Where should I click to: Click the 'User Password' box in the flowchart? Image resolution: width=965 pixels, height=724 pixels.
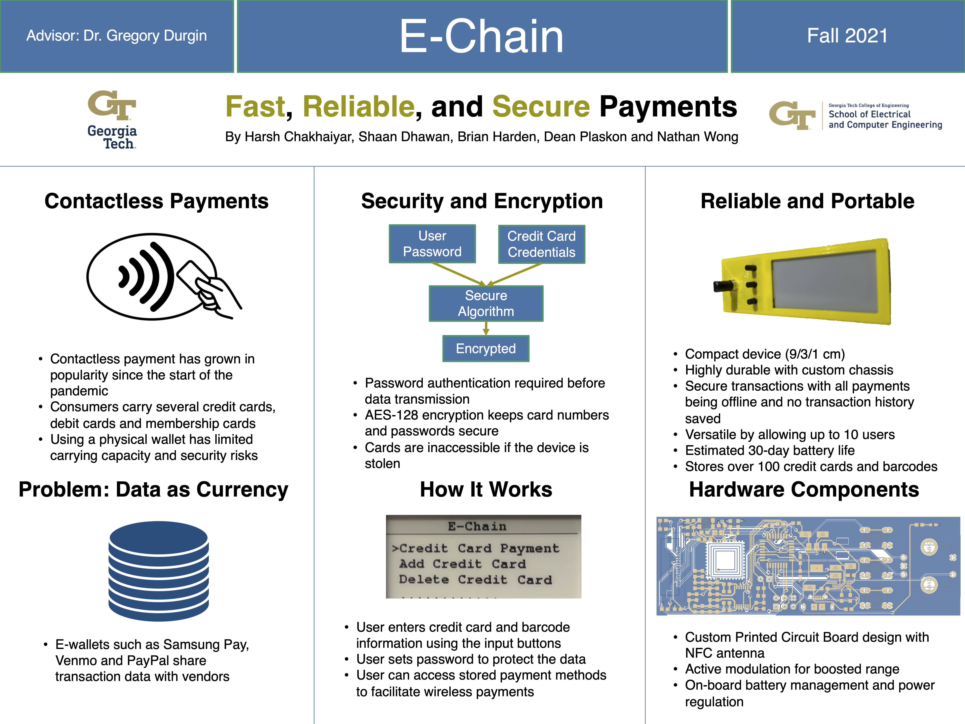click(x=432, y=244)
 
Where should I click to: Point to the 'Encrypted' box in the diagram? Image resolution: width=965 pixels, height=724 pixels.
click(x=486, y=349)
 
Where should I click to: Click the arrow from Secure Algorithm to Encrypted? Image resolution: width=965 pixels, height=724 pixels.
click(x=486, y=328)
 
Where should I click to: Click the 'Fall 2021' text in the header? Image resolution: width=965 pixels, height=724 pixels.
click(x=847, y=36)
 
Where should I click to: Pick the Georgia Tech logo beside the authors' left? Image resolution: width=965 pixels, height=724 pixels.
click(x=112, y=119)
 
